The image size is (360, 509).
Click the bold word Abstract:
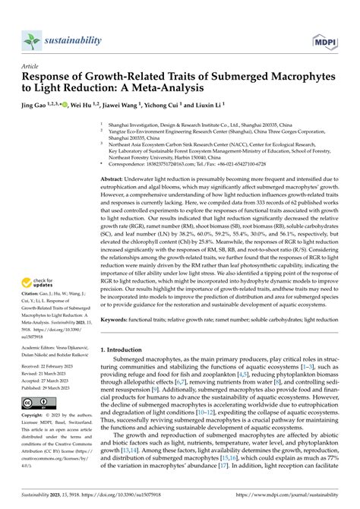[115, 198]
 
